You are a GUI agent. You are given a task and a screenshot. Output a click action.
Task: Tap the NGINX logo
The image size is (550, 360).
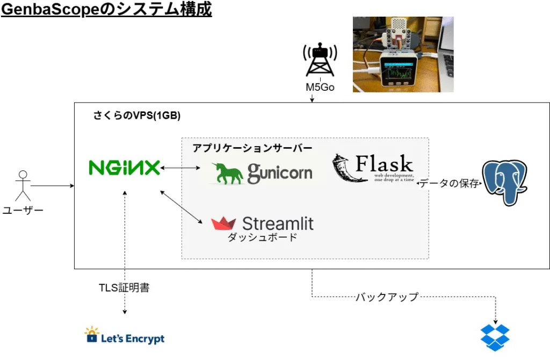point(124,168)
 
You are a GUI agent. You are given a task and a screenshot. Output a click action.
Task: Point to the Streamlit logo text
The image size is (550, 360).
point(278,223)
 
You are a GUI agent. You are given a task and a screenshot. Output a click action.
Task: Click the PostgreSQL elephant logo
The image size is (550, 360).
point(504,182)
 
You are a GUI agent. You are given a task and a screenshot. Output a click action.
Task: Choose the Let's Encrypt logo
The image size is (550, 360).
point(125,337)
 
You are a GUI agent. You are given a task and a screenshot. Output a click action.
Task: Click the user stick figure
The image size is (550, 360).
point(23,186)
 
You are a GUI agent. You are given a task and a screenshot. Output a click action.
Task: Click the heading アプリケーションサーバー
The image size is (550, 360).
point(252,148)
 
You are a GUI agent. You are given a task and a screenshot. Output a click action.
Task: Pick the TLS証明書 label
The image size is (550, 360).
point(124,287)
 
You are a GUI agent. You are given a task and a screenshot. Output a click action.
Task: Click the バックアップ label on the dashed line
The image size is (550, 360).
point(386,297)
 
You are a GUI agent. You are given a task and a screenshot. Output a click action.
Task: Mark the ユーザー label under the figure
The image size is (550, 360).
point(23,210)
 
